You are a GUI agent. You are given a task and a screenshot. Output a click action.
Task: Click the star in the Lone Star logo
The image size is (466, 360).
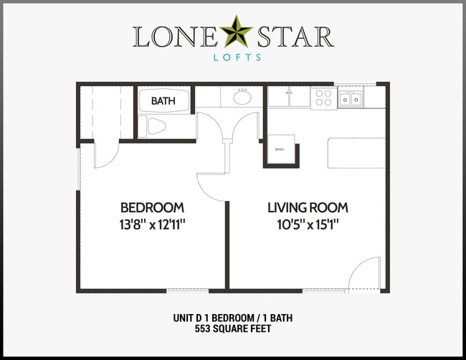click(233, 34)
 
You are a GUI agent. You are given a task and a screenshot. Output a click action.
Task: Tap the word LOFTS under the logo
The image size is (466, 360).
click(232, 58)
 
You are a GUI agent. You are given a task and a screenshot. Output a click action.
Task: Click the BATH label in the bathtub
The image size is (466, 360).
click(163, 101)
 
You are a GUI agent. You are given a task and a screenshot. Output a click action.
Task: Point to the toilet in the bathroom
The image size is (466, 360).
click(154, 127)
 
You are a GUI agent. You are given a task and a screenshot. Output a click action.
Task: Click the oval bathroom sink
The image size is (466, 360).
click(242, 97)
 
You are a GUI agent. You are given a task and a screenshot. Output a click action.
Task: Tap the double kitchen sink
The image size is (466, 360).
click(351, 98)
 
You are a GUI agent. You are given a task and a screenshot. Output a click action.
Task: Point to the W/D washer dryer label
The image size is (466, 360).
click(289, 93)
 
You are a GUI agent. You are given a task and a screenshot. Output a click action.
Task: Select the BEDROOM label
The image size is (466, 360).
click(152, 207)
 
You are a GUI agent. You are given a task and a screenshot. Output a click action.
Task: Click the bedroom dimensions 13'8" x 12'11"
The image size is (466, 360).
click(152, 224)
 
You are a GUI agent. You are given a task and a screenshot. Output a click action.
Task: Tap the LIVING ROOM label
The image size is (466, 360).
click(308, 207)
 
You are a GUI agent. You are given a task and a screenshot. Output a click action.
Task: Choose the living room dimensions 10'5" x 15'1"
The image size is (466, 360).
click(308, 224)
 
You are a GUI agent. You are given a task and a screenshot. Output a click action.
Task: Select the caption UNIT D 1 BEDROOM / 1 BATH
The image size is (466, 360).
click(233, 318)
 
